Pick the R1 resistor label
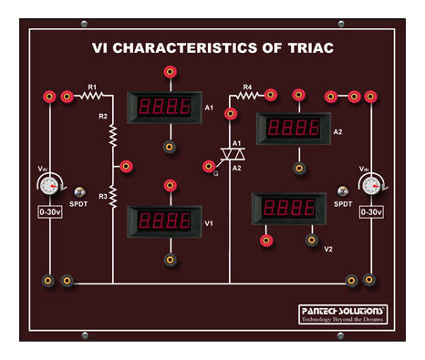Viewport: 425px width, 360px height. (x=92, y=87)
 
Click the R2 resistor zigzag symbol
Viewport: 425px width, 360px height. (x=114, y=136)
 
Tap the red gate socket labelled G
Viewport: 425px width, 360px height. (x=209, y=165)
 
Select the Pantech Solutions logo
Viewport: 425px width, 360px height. (x=343, y=314)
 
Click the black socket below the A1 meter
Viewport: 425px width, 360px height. (x=169, y=146)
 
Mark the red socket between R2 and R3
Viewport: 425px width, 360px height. (x=126, y=166)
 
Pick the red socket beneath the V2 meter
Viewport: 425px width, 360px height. (x=266, y=241)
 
